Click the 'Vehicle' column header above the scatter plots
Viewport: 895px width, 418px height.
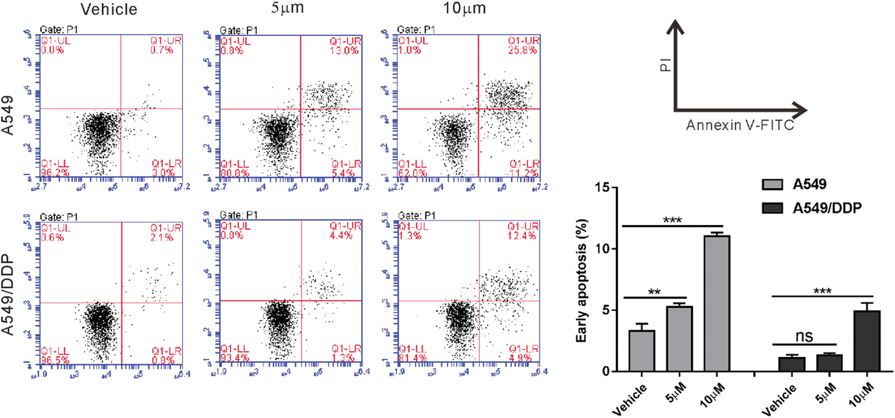109,9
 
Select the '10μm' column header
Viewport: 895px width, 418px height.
464,8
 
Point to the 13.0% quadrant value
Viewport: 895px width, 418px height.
344,50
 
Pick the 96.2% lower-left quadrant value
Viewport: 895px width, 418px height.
55,173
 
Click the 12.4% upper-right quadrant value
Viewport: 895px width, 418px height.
521,236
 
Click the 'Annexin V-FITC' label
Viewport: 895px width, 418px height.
740,125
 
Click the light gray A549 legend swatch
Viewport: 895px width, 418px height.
772,184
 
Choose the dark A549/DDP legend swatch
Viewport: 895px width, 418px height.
772,208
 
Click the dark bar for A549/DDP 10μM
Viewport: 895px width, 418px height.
866,341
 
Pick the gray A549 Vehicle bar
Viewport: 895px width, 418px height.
642,351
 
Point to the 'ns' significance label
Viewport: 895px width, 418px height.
804,336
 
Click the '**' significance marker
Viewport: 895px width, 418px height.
654,292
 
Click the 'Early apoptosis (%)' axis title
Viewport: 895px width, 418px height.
581,281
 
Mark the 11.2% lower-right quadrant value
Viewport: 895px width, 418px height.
524,173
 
